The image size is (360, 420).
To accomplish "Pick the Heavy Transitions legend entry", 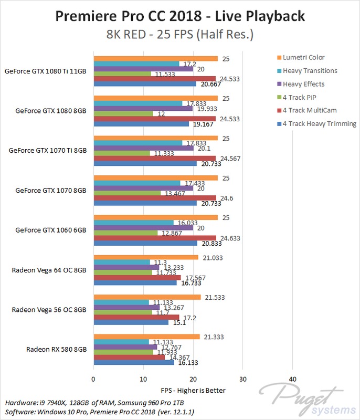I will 310,70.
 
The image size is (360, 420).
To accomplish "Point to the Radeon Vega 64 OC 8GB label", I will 49,270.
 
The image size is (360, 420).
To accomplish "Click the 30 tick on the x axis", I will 242,379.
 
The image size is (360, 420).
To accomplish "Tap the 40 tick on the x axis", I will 292,379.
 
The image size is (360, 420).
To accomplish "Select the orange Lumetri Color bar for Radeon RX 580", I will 146,337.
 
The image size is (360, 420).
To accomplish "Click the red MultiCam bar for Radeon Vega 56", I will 136,318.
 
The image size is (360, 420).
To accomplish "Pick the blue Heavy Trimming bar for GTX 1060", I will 145,243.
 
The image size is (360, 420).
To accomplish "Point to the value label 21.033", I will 213,257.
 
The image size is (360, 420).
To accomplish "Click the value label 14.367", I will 177,358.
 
